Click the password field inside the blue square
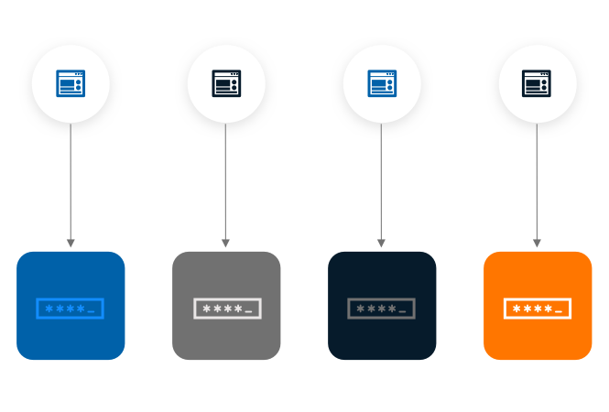tap(71, 309)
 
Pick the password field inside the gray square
tap(227, 309)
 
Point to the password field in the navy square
tap(381, 309)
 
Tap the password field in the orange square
tap(538, 309)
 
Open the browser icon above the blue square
tap(71, 83)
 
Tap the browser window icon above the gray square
tap(226, 83)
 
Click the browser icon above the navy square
tap(382, 83)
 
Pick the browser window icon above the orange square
tap(538, 83)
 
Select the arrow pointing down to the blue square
tap(71, 183)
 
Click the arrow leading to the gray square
tap(225, 183)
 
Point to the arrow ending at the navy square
tap(381, 183)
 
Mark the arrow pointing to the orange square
tap(537, 183)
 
